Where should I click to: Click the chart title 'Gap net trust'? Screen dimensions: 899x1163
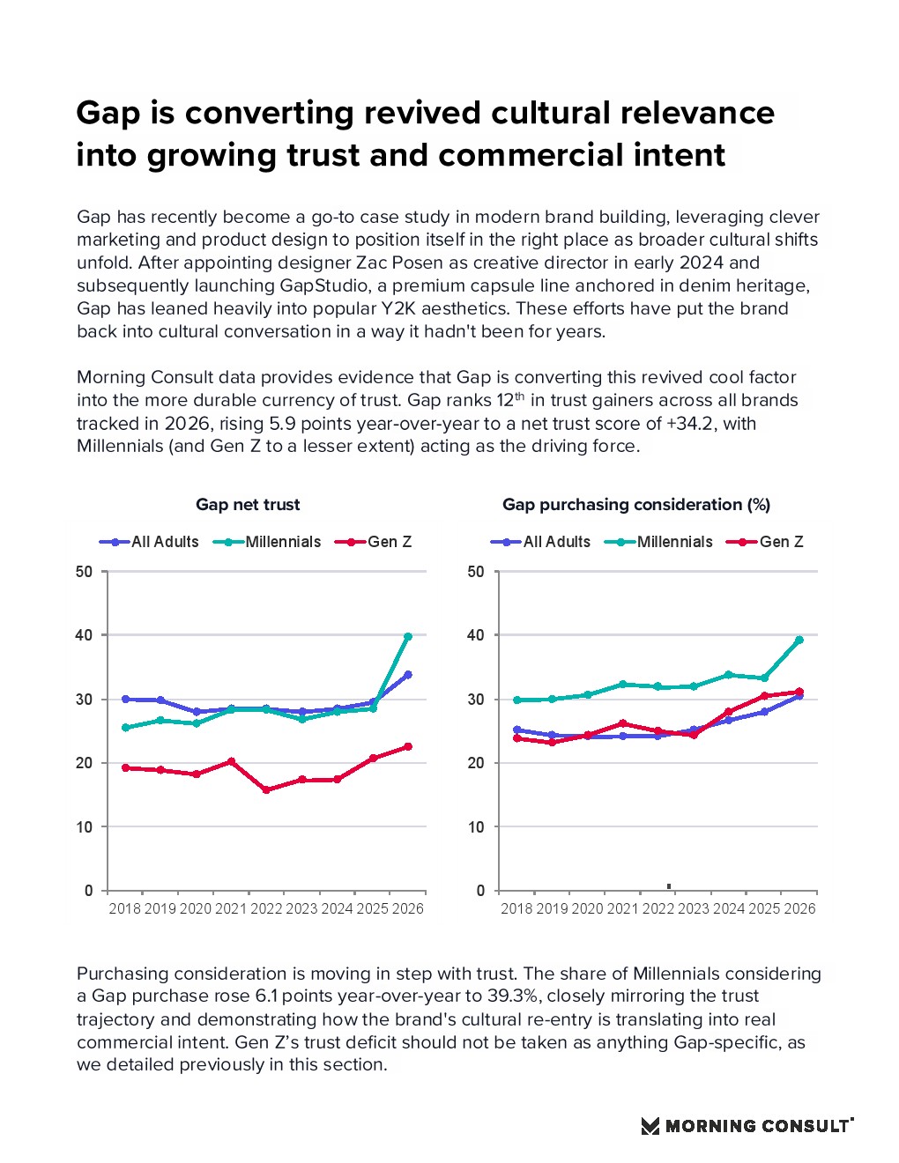pos(248,504)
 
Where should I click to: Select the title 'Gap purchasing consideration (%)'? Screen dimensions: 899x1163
pos(636,504)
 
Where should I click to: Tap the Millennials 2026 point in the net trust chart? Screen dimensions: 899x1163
pos(408,636)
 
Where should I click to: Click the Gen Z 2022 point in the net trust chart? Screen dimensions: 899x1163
pos(267,790)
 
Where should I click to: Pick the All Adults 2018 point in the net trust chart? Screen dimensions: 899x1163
pos(125,699)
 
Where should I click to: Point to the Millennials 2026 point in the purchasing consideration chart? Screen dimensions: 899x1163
pos(799,640)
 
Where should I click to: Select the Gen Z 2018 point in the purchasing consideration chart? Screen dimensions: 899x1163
pos(517,738)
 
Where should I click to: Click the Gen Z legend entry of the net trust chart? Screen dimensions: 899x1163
pos(373,542)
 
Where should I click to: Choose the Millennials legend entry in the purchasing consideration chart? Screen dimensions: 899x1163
pos(658,542)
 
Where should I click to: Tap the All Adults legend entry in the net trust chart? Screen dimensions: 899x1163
pos(148,542)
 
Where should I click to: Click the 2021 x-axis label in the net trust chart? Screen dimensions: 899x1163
pos(231,908)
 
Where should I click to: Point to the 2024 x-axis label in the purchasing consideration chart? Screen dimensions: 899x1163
pos(729,908)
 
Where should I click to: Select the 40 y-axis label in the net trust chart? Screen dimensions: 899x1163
pos(84,635)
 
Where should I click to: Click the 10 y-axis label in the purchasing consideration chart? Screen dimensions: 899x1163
pos(476,827)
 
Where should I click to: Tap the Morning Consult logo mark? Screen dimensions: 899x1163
pos(650,1126)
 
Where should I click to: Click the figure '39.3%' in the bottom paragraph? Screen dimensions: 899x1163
pos(512,996)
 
